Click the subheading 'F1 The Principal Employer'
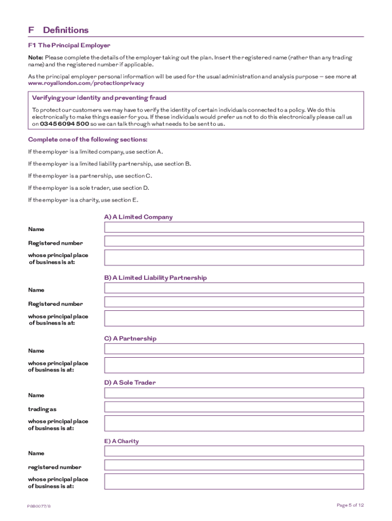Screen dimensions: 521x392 [x=69, y=45]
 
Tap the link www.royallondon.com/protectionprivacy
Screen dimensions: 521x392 [x=86, y=83]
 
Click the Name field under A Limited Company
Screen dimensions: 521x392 [x=234, y=227]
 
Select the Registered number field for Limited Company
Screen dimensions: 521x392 [x=234, y=241]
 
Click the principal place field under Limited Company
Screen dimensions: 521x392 [x=234, y=257]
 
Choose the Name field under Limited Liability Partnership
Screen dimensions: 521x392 [x=234, y=288]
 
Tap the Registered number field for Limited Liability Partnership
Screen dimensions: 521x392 [x=234, y=302]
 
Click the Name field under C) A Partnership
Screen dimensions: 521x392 [x=234, y=349]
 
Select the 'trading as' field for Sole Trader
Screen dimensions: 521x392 [x=234, y=407]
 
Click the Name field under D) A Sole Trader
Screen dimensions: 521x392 [x=234, y=393]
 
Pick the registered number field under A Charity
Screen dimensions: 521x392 [x=234, y=465]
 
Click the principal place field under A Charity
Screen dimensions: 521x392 [x=234, y=482]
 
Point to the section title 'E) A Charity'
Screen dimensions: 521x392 [x=121, y=441]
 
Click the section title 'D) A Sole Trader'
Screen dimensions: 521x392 [x=130, y=383]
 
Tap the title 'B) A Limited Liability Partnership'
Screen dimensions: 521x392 [x=155, y=278]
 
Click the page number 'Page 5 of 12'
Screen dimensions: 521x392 [x=350, y=505]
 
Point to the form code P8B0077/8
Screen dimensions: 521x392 [x=40, y=507]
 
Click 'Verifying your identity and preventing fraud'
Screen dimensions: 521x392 [x=99, y=98]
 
